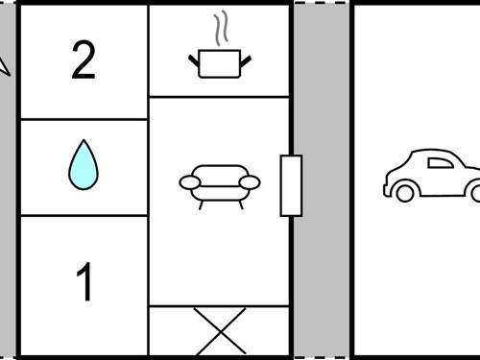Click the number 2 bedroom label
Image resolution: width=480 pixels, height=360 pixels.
[x=84, y=60]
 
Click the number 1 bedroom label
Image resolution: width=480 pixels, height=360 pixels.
[x=84, y=281]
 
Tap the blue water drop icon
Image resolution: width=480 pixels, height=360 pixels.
[x=84, y=165]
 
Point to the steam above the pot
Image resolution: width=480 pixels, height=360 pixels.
[x=221, y=28]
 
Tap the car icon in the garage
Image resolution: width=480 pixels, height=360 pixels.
[x=432, y=176]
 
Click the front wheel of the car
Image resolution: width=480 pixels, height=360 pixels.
[x=405, y=193]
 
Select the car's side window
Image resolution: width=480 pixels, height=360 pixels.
[x=441, y=163]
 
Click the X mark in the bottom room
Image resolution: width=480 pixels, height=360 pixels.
[x=220, y=331]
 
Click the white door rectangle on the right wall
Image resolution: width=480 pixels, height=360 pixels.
[x=291, y=185]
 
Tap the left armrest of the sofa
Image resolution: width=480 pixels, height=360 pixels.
[x=190, y=182]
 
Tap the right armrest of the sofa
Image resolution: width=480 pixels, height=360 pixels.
[x=250, y=182]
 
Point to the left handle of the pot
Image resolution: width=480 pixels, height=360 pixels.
[x=193, y=60]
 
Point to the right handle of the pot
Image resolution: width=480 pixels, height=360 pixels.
[x=246, y=61]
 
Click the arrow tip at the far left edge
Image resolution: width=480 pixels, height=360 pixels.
[x=10, y=76]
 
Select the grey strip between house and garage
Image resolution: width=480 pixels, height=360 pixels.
[x=322, y=180]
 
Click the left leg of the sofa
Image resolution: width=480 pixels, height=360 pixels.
[x=201, y=204]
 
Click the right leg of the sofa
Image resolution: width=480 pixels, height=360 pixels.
[x=241, y=204]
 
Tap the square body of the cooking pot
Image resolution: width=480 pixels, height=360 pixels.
[x=220, y=63]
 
